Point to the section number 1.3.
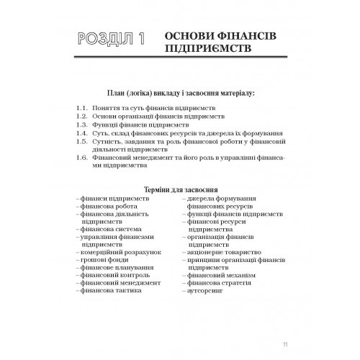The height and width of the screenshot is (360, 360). pos(81,125)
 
